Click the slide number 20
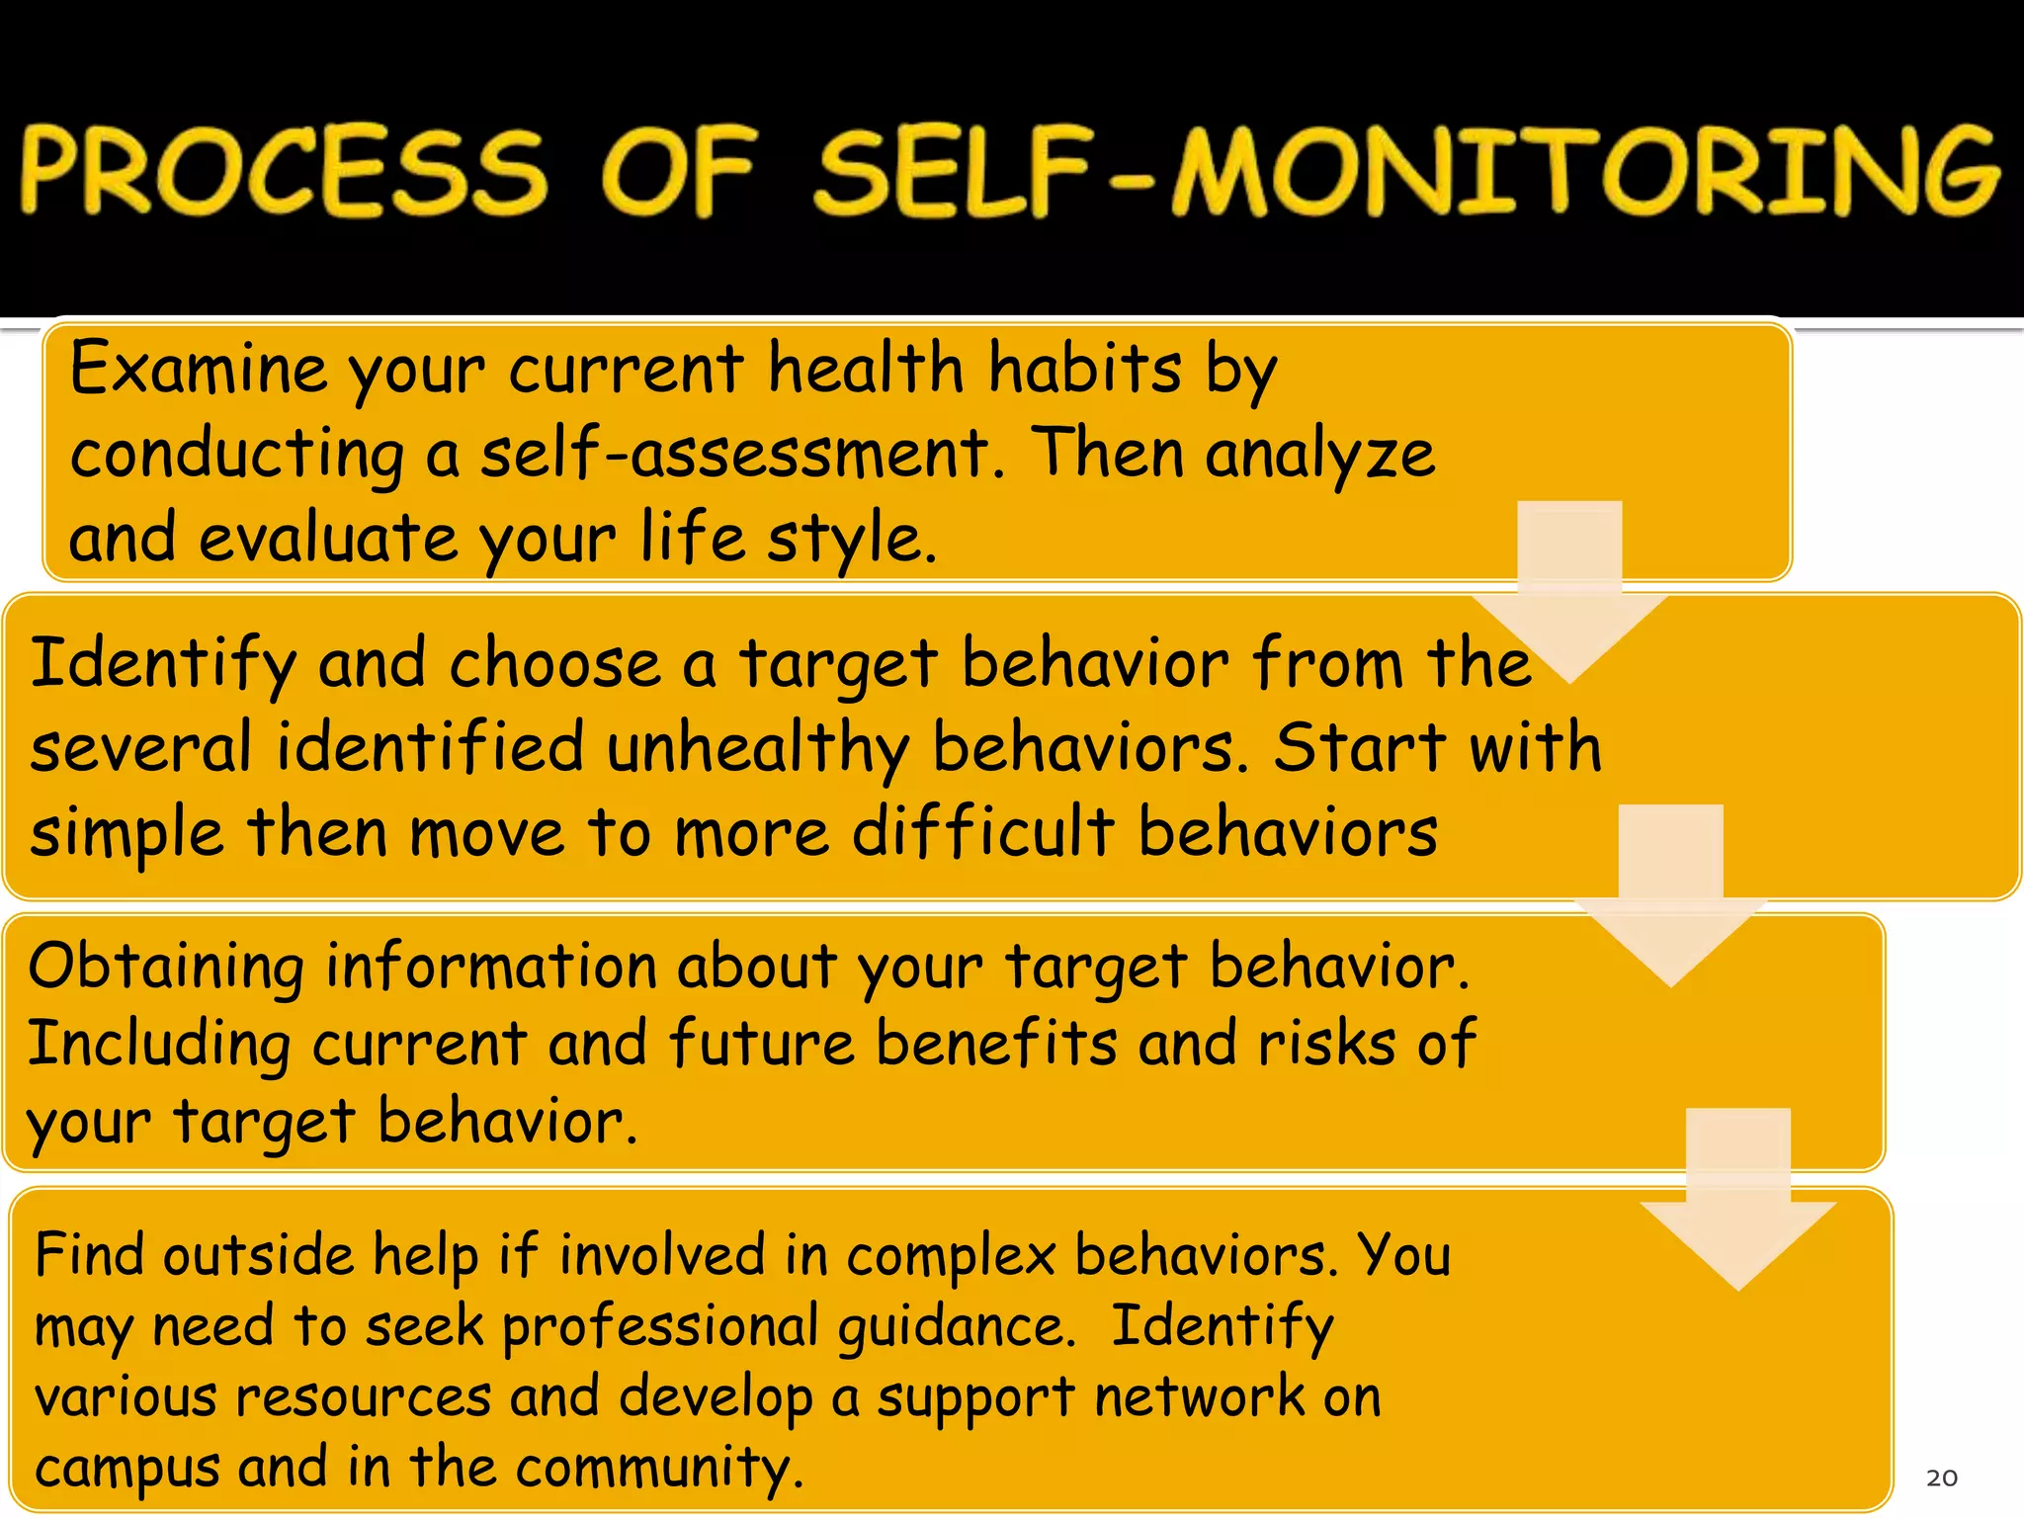(1941, 1477)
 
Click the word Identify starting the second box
(163, 664)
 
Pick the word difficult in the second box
(983, 832)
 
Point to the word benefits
(996, 1044)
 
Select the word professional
(660, 1327)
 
